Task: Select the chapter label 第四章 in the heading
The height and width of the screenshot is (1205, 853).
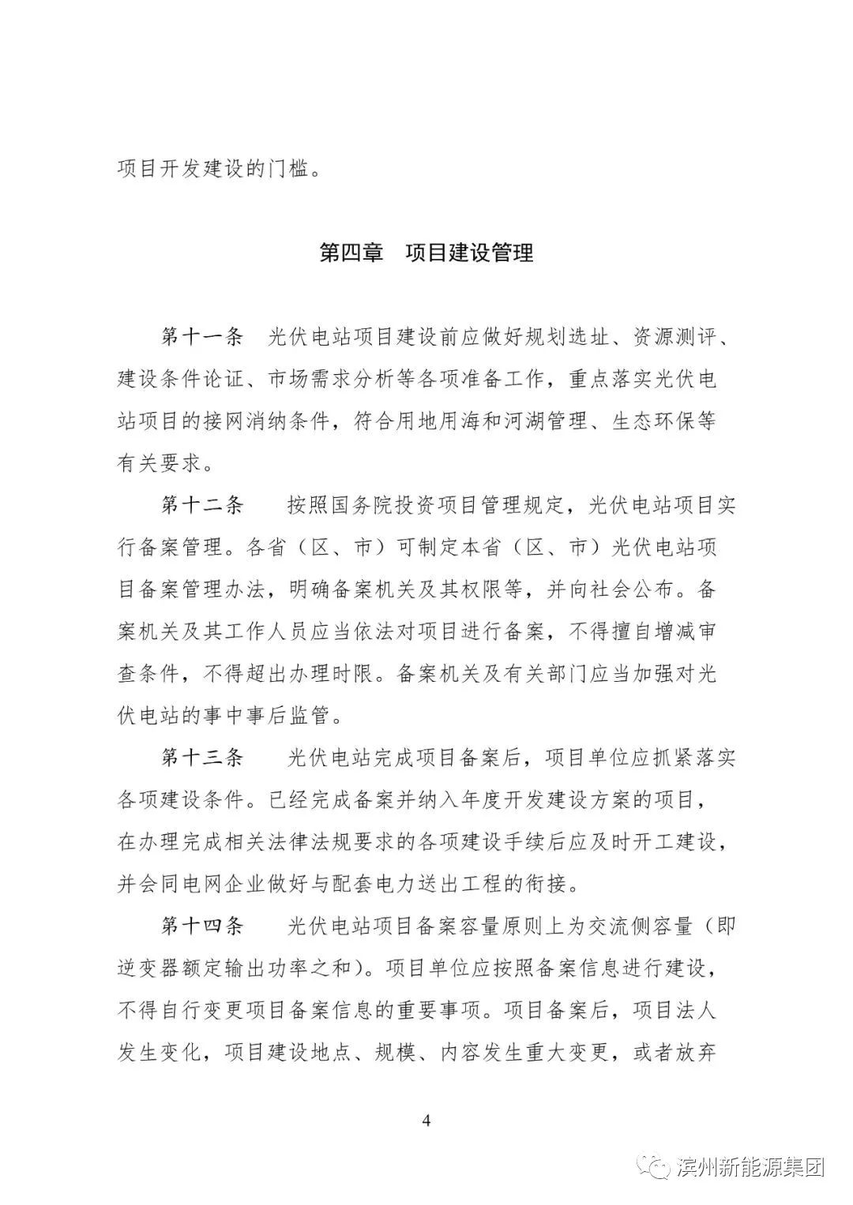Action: [x=351, y=253]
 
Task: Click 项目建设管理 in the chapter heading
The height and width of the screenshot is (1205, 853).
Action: [x=469, y=253]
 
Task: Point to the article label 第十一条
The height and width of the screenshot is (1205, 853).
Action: [x=202, y=337]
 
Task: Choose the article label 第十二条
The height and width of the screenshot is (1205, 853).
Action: [x=202, y=505]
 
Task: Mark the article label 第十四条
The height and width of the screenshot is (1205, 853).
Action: [x=202, y=926]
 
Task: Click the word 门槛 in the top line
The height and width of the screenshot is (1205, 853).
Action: [x=289, y=169]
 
